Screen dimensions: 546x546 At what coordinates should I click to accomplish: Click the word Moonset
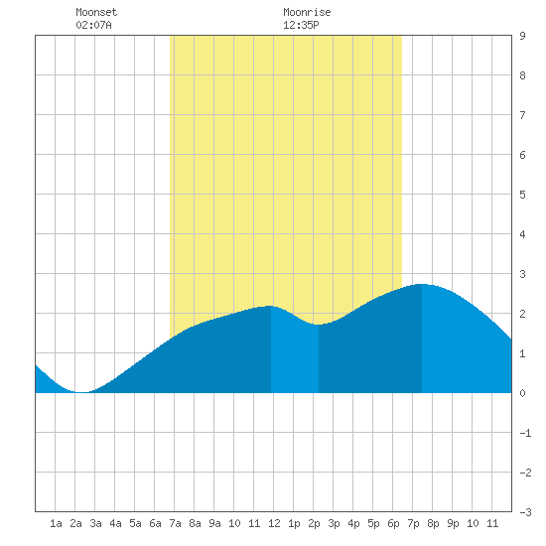(x=96, y=12)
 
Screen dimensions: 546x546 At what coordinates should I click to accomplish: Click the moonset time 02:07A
(x=93, y=25)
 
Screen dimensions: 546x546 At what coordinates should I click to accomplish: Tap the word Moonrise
(x=307, y=12)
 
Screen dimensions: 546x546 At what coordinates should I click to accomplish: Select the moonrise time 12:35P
(x=301, y=25)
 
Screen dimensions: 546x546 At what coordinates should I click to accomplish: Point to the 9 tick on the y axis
(x=522, y=36)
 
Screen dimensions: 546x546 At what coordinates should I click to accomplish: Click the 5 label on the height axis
(x=522, y=195)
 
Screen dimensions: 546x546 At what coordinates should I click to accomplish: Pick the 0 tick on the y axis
(x=522, y=393)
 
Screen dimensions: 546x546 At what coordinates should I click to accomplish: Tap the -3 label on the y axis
(x=525, y=512)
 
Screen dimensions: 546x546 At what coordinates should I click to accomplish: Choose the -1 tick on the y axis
(x=525, y=433)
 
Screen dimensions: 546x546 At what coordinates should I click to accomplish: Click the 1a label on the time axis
(x=56, y=523)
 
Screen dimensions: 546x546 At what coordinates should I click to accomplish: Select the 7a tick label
(x=175, y=523)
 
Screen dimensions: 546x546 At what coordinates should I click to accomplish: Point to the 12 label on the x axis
(x=274, y=523)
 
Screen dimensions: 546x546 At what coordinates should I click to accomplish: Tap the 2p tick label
(x=314, y=523)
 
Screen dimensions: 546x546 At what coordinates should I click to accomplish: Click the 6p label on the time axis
(x=393, y=523)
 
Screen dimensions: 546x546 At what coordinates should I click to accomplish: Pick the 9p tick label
(x=453, y=523)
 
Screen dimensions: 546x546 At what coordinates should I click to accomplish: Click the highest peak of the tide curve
(x=422, y=285)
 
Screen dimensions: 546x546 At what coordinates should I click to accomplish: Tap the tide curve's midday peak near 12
(x=270, y=306)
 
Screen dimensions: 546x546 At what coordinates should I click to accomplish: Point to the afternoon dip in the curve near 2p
(x=318, y=325)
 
